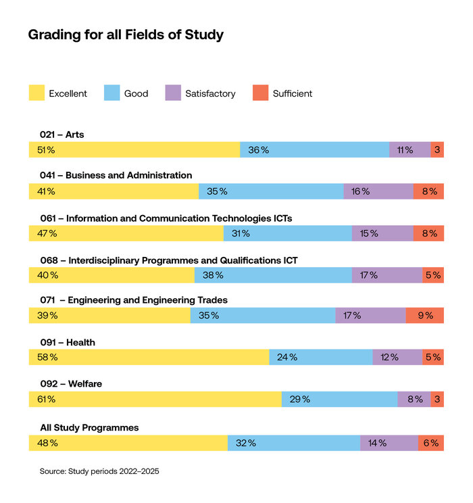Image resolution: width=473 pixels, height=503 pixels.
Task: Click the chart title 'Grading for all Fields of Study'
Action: [126, 34]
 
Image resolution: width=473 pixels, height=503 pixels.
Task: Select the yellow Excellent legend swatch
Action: [36, 93]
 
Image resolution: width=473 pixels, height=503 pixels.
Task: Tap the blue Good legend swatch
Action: [111, 93]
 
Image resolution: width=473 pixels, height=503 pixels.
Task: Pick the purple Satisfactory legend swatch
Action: [173, 93]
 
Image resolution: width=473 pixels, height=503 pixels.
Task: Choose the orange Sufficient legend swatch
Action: [260, 93]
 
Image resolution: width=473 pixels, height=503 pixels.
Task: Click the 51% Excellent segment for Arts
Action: [134, 150]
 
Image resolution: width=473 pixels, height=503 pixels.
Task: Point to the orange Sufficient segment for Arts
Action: [437, 150]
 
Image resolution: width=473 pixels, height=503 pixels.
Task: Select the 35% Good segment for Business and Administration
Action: [270, 191]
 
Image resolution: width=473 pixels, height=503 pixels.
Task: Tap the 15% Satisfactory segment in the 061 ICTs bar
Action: [382, 233]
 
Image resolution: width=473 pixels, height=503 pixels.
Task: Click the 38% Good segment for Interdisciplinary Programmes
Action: [273, 275]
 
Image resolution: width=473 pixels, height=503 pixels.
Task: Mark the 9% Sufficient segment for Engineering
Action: [425, 316]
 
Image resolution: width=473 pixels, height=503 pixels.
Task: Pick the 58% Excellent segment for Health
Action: [149, 357]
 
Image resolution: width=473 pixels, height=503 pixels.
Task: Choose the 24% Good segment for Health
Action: [320, 357]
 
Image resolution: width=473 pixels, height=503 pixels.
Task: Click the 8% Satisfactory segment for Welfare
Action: [414, 399]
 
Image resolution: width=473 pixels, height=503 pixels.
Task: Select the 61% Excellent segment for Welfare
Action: [155, 399]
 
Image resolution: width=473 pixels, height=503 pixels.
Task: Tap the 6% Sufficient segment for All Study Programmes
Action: [431, 443]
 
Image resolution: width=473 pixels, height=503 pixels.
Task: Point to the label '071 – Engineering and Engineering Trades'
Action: [133, 300]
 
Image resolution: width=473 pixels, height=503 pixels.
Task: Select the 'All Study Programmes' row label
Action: [89, 427]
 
